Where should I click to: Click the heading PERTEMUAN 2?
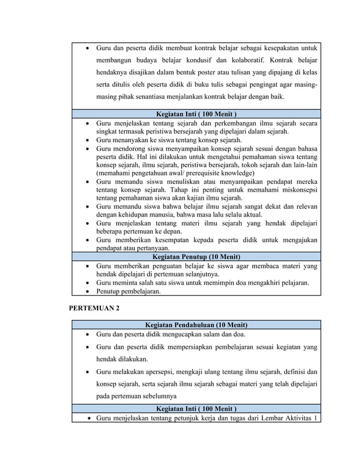coord(94,308)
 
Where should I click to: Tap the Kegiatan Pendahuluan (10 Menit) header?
coord(196,324)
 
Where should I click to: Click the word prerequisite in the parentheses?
coord(205,173)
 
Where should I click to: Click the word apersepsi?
coord(168,372)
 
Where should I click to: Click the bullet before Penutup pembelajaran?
coord(86,292)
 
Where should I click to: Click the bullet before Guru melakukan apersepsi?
coord(86,372)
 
